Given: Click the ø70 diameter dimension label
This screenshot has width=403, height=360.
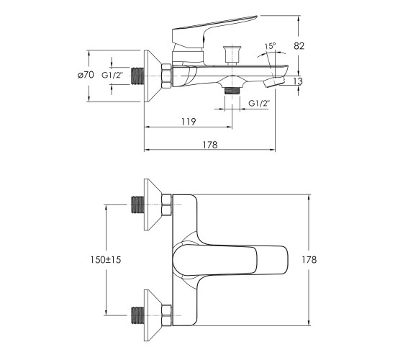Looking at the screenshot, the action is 86,75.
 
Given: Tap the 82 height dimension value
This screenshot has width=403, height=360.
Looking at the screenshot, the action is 299,46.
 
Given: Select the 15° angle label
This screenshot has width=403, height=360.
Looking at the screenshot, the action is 270,46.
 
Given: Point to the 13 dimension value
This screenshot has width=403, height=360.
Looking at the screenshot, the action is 298,81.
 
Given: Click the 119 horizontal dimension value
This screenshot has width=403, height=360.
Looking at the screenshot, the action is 189,122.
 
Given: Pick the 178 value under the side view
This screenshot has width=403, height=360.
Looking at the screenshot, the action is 210,145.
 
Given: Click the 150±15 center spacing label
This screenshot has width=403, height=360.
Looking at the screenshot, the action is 105,260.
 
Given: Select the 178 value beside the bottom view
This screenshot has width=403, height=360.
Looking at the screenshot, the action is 309,260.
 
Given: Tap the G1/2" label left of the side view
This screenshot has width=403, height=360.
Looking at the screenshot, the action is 112,76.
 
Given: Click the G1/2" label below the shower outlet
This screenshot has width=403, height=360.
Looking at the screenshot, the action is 259,104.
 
